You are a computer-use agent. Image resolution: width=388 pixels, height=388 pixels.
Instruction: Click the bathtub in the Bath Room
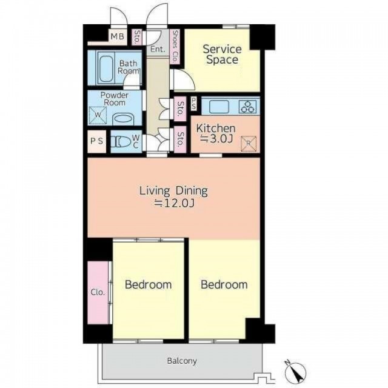tap(107, 68)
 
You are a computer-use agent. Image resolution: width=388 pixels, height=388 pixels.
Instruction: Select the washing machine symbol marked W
tap(98, 115)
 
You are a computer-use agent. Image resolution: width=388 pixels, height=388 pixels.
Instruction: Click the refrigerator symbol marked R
tap(249, 144)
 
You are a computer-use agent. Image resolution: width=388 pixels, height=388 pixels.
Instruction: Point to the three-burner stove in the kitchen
tap(247, 107)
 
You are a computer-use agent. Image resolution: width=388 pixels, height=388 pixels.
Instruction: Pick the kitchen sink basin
tap(219, 107)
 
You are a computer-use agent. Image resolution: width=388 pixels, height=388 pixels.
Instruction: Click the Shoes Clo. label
tap(175, 47)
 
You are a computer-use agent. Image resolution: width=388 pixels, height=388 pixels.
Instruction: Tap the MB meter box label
tap(117, 36)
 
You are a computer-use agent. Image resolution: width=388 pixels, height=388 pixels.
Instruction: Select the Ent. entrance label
tap(158, 49)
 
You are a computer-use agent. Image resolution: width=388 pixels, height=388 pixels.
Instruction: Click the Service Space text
tap(222, 55)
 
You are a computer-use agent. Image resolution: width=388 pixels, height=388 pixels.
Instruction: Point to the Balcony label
tap(182, 361)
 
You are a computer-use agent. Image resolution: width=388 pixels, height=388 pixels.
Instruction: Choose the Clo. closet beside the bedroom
tap(98, 292)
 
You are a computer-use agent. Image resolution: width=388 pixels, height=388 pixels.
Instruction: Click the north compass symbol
tap(295, 372)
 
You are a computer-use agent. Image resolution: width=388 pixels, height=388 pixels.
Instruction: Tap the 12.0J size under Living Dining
tap(174, 203)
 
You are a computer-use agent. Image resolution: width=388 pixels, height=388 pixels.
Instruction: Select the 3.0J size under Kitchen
tap(216, 139)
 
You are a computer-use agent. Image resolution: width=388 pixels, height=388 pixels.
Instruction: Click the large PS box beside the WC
tap(97, 141)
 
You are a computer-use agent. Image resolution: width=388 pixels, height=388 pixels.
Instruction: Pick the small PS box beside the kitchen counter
tap(194, 104)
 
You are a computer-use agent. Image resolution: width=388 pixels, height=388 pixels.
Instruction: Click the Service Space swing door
tap(183, 79)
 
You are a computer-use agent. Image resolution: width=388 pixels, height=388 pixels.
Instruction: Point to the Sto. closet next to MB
tap(137, 37)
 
